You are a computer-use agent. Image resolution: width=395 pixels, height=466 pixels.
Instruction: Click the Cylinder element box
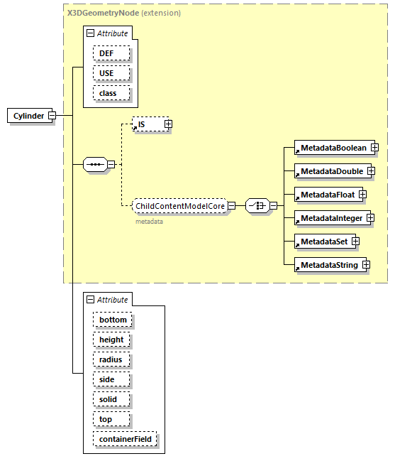click(x=28, y=116)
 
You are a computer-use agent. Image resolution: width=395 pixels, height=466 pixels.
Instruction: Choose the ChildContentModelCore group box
click(x=179, y=206)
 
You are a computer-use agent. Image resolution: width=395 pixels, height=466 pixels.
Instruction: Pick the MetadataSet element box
click(x=322, y=242)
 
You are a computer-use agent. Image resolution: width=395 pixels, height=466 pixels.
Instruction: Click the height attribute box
click(x=111, y=340)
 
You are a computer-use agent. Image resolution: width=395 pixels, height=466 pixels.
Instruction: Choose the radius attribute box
click(x=111, y=359)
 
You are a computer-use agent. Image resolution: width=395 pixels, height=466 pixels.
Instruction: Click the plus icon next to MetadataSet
click(x=355, y=242)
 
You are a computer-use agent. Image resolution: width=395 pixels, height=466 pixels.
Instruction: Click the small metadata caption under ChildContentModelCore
click(x=149, y=222)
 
